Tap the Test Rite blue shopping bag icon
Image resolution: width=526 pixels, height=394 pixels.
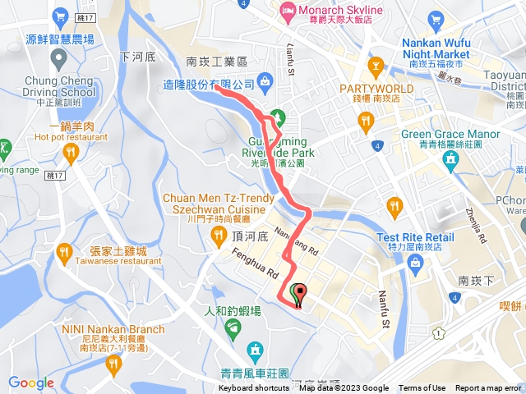[415, 263]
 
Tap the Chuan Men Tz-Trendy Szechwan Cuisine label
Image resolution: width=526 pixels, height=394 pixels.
[219, 204]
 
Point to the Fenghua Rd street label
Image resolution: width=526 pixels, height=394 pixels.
[256, 265]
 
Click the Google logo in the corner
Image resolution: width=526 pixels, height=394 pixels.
[31, 383]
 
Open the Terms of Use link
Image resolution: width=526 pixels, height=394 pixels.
[422, 388]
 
